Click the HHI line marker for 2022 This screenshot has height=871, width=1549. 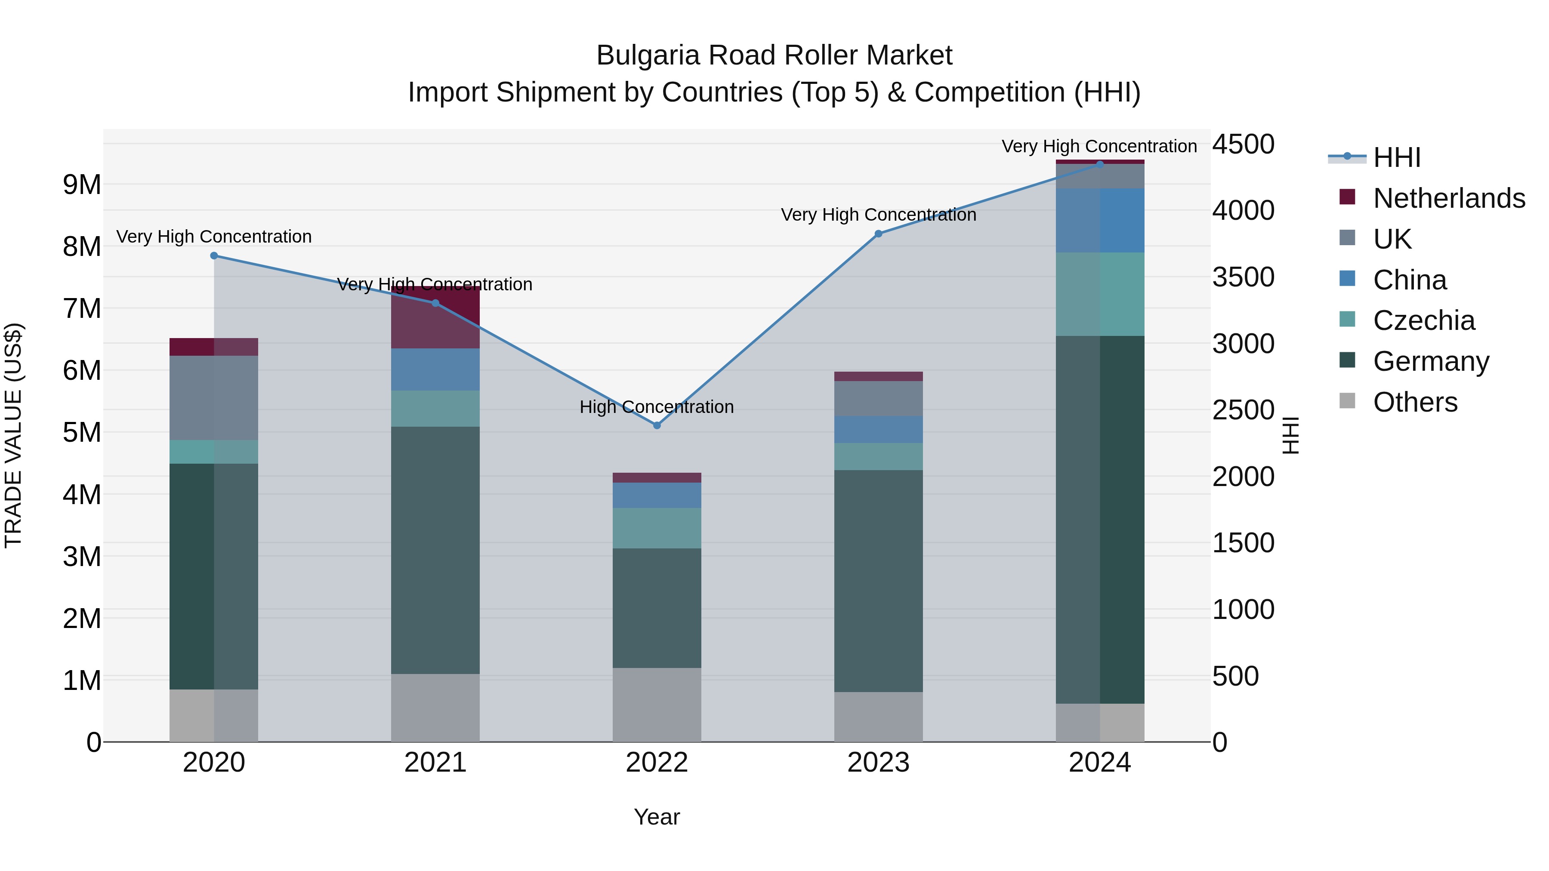click(x=657, y=425)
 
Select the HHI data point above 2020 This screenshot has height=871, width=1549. click(x=214, y=255)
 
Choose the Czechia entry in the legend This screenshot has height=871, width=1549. click(x=1423, y=320)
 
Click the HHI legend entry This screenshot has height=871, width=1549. click(x=1396, y=157)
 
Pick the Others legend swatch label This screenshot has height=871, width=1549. click(x=1415, y=402)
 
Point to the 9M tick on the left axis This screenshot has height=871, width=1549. click(x=82, y=185)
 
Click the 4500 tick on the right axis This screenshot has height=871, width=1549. click(x=1242, y=144)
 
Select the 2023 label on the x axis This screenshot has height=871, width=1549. click(x=878, y=763)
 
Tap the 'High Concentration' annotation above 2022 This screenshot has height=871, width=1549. click(x=657, y=407)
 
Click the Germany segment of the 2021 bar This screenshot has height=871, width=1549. click(x=435, y=550)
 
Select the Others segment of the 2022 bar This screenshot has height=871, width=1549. click(x=657, y=705)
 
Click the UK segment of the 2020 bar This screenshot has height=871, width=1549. click(x=214, y=397)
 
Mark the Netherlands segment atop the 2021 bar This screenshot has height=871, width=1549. click(x=435, y=317)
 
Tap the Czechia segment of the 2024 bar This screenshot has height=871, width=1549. click(x=1100, y=294)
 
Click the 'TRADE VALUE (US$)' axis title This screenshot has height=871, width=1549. click(x=13, y=435)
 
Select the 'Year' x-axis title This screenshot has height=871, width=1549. click(x=657, y=817)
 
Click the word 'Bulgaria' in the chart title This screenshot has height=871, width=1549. click(x=648, y=55)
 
